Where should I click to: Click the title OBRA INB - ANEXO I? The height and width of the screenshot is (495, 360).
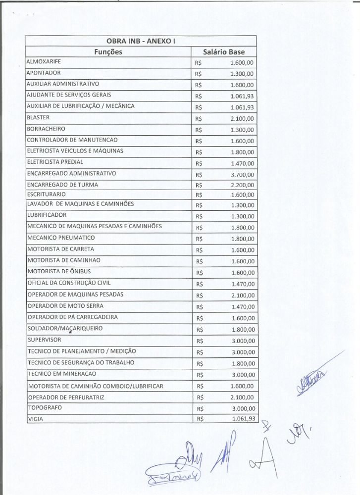coord(141,41)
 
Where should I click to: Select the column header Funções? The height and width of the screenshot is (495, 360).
coord(108,52)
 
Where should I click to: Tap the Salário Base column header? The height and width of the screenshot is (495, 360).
coord(224,52)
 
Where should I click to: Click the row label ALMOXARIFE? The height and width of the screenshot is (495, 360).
coord(43,61)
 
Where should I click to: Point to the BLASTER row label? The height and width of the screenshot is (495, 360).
coord(38,117)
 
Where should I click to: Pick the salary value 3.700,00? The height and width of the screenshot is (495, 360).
coord(243,174)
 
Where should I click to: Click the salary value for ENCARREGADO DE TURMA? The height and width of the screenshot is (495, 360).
coord(243,186)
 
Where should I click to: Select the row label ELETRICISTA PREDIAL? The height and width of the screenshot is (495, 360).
coord(55,162)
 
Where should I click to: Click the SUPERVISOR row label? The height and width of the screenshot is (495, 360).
coord(45,340)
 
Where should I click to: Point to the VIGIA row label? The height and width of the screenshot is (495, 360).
coord(36,419)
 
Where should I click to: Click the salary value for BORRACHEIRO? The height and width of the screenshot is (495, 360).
coord(242,130)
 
